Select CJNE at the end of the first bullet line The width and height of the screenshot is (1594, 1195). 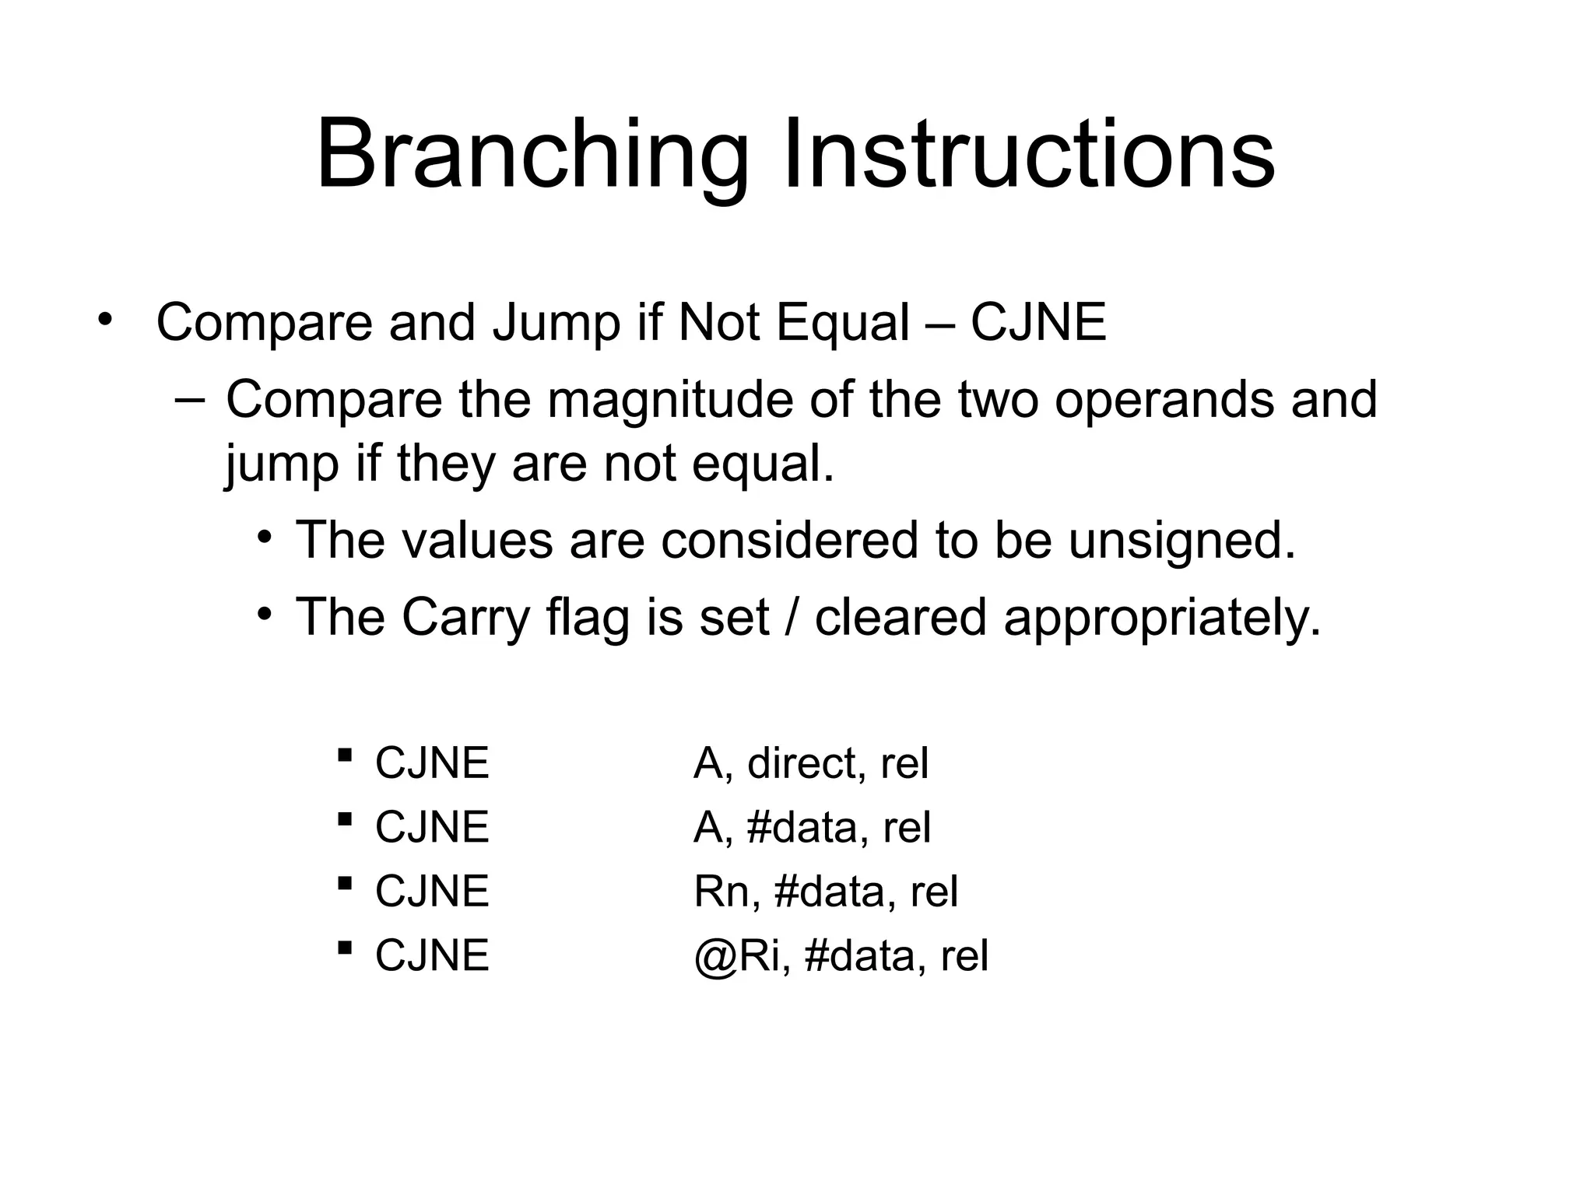[1038, 323]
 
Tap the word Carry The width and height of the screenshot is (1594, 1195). [465, 618]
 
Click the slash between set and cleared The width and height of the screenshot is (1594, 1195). [792, 618]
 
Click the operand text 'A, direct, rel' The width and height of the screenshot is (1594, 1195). [811, 763]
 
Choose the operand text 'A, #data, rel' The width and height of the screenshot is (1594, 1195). [812, 827]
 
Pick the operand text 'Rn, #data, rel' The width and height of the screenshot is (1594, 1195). [825, 892]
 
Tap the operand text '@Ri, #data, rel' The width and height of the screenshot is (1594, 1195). [841, 956]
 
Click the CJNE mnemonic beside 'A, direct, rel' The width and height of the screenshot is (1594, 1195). [432, 763]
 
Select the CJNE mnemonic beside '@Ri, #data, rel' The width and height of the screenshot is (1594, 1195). [432, 956]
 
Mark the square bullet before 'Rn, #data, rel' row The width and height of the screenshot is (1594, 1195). [345, 883]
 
